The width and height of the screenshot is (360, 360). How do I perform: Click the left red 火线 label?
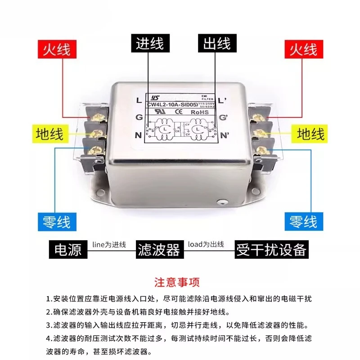pyautogui.click(x=57, y=49)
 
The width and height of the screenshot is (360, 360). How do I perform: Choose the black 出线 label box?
pyautogui.click(x=217, y=44)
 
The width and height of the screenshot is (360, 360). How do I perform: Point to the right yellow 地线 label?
pyautogui.click(x=310, y=134)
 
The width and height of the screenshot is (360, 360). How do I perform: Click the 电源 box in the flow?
pyautogui.click(x=68, y=249)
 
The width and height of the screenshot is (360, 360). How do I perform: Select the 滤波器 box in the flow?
pyautogui.click(x=158, y=249)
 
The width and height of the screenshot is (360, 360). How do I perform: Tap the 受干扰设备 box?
pyautogui.click(x=271, y=249)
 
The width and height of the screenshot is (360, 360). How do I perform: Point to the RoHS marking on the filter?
pyautogui.click(x=199, y=112)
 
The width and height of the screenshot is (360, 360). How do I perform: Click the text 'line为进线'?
pyautogui.click(x=109, y=243)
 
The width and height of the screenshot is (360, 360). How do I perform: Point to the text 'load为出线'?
pyautogui.click(x=206, y=243)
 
